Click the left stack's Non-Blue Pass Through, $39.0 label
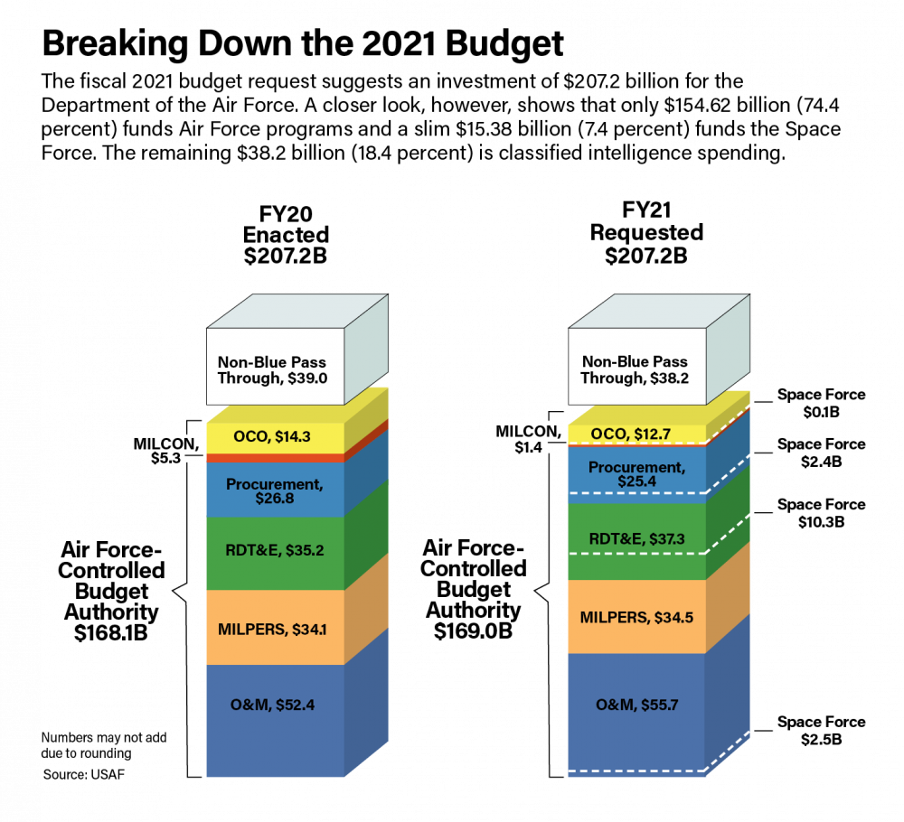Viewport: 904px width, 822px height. tap(272, 370)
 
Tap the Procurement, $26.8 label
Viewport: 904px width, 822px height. tap(273, 491)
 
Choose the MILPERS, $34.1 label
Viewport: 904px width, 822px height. tap(273, 630)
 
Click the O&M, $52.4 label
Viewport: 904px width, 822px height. tap(273, 705)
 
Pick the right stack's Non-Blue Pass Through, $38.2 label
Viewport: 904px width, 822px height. tap(635, 370)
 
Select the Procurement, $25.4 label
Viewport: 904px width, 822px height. tap(636, 474)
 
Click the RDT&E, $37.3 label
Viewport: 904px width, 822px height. tap(636, 539)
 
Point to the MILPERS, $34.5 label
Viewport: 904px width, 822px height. tap(636, 618)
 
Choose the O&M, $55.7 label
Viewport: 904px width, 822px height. tap(636, 704)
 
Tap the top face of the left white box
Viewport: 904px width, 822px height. tap(297, 312)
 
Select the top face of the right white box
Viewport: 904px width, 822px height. tap(659, 312)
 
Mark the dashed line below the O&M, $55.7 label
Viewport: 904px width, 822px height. tap(636, 771)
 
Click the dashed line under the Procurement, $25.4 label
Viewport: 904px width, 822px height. tap(636, 493)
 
